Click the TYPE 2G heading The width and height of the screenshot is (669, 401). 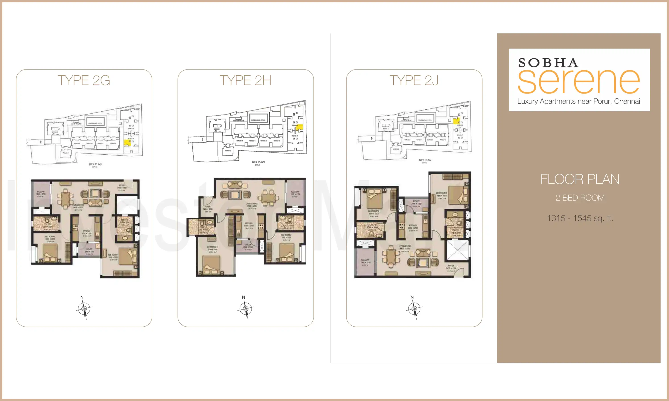[84, 80]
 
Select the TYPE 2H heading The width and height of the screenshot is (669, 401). [245, 80]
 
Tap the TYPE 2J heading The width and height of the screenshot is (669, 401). [414, 80]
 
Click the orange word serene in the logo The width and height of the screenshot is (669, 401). [578, 81]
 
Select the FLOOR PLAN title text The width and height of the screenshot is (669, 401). [580, 179]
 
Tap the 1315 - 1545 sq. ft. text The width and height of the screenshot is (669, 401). [580, 218]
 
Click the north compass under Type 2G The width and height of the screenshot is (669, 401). [84, 308]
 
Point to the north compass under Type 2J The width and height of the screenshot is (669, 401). [414, 308]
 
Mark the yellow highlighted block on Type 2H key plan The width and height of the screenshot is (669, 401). [299, 127]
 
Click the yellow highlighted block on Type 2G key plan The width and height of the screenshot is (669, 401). [127, 143]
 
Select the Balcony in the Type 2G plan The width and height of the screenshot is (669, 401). [41, 194]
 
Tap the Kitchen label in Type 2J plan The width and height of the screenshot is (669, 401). [413, 225]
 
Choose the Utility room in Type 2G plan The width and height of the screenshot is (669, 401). [89, 250]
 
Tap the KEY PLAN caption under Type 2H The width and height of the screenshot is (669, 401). [258, 162]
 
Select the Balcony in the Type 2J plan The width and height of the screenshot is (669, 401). [365, 262]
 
